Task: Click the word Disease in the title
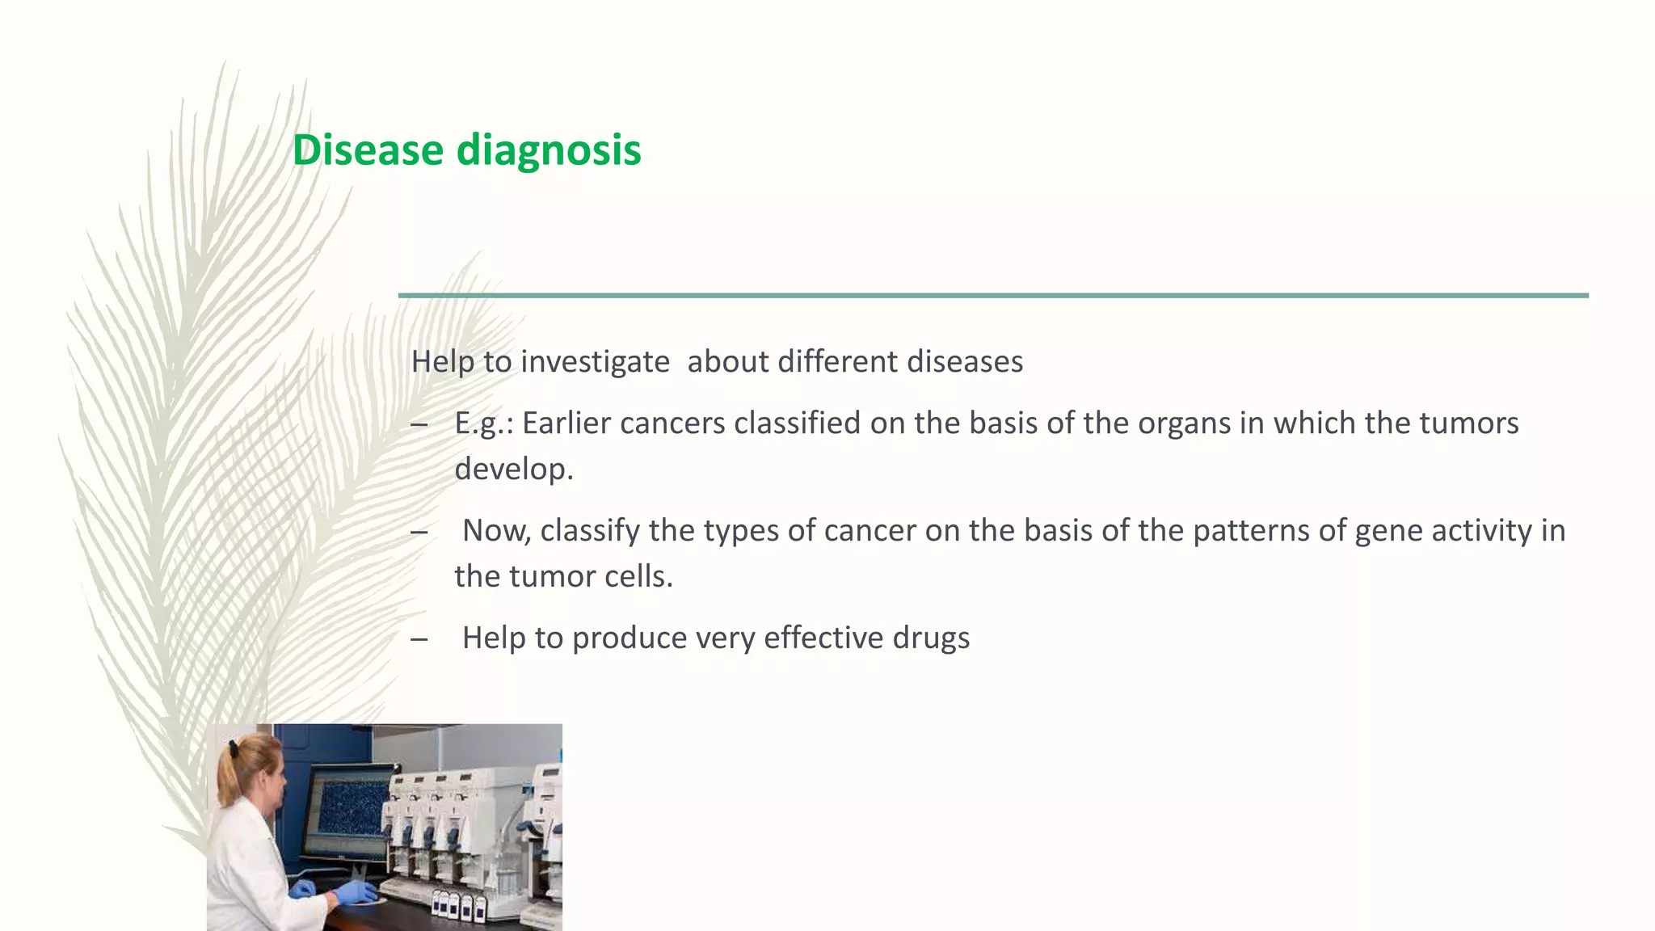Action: (x=368, y=150)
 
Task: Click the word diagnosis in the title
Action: (x=549, y=150)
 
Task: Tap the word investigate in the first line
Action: (x=595, y=361)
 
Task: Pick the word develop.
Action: (x=513, y=469)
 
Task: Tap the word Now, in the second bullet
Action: (x=496, y=530)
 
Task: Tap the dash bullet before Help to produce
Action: (x=419, y=639)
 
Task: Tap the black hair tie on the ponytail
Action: (x=234, y=748)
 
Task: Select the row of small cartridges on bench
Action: (x=461, y=905)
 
